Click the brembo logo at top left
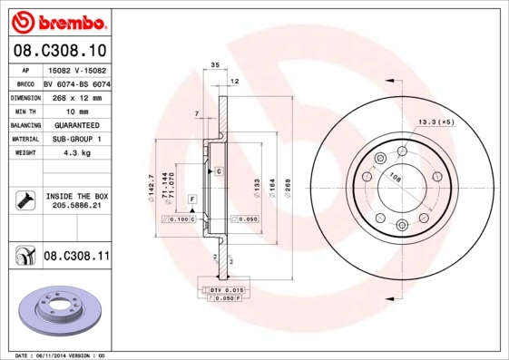(x=56, y=20)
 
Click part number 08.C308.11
(x=76, y=257)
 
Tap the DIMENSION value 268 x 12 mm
(x=76, y=96)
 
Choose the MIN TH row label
(x=24, y=111)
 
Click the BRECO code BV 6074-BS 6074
(x=77, y=83)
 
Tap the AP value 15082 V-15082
(x=76, y=69)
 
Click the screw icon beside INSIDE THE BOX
(x=24, y=200)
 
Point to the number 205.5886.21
(x=76, y=207)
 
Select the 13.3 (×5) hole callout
(x=435, y=122)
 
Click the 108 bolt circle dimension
(x=396, y=178)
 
